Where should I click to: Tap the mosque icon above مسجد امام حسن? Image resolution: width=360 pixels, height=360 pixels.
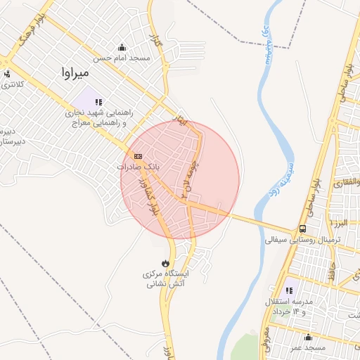point(123,47)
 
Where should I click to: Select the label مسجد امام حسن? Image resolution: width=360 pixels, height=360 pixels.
point(123,58)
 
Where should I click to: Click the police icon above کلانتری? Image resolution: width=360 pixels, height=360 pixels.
point(7,74)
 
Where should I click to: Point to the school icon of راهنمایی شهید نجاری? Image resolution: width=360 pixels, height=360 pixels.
point(98,102)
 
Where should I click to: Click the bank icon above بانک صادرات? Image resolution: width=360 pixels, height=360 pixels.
point(138,156)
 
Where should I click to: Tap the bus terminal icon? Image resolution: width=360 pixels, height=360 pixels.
point(302,229)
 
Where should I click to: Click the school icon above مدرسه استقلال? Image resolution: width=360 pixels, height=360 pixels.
point(289,290)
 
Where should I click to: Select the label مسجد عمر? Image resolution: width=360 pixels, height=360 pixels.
point(309,348)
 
